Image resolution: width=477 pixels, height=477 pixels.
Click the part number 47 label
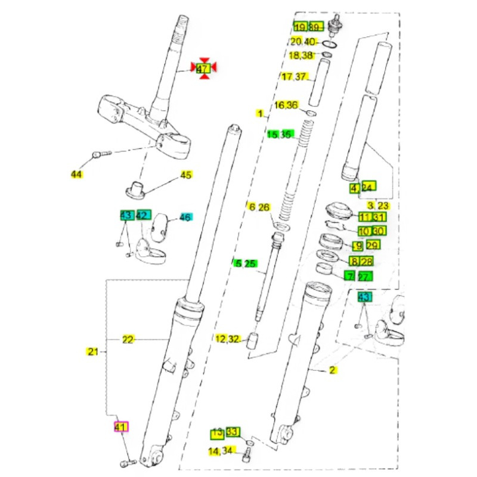point(203,69)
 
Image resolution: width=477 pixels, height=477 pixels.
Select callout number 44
point(76,174)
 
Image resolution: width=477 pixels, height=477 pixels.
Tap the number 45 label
point(187,175)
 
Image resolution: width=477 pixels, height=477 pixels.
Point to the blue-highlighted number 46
point(185,218)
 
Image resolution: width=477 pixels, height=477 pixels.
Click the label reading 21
point(92,352)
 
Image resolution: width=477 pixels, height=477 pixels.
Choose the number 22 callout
point(128,339)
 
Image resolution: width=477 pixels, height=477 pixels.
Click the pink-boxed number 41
point(121,427)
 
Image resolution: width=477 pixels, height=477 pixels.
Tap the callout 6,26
point(259,207)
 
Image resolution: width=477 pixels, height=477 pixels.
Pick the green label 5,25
point(246,263)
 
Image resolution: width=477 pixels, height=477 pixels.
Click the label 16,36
point(286,106)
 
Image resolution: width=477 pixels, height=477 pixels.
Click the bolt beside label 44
point(100,154)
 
